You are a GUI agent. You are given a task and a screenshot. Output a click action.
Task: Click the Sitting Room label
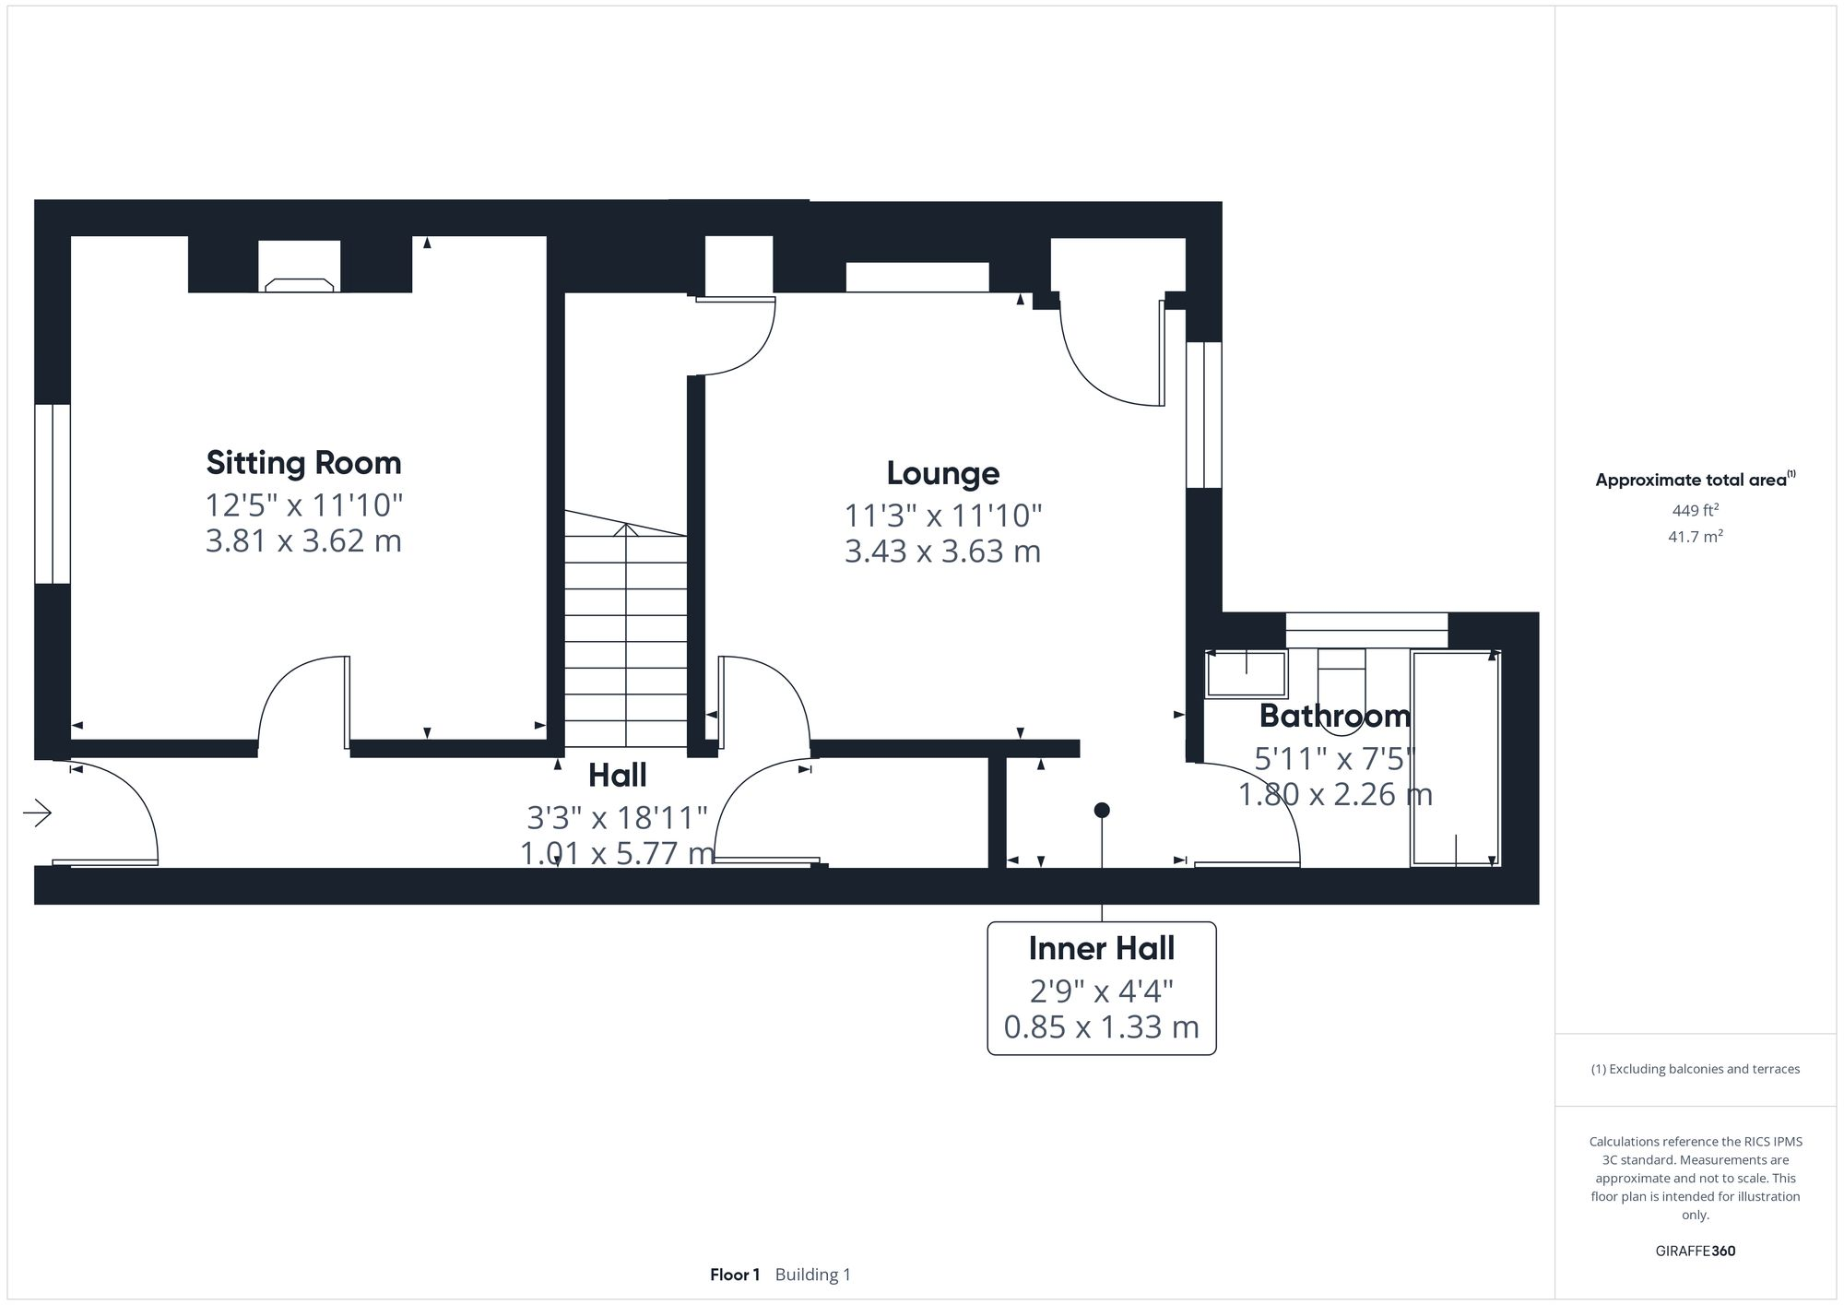point(303,462)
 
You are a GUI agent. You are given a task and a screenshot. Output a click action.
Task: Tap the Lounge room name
point(942,473)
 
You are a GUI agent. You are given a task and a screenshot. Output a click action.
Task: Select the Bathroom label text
point(1334,716)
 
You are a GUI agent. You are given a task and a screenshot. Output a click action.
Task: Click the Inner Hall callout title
point(1101,948)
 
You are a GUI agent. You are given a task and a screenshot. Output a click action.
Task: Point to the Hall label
point(617,776)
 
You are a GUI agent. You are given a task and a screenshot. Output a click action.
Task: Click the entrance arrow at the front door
point(38,813)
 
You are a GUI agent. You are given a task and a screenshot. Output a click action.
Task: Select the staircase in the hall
point(625,636)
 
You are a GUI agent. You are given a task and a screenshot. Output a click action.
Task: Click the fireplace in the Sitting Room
point(299,284)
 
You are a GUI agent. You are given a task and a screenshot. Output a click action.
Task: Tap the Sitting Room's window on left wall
point(53,493)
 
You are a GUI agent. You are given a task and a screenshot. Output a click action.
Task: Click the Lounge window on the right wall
point(1203,415)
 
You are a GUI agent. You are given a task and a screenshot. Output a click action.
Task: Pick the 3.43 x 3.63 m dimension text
point(942,552)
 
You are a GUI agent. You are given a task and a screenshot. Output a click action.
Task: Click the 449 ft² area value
point(1695,510)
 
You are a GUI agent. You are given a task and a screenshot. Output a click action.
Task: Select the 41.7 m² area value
point(1695,537)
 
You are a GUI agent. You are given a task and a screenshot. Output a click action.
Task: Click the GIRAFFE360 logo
point(1695,1252)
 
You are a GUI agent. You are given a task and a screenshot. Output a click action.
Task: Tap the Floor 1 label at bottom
point(734,1275)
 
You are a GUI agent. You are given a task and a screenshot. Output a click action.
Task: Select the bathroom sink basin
point(1246,673)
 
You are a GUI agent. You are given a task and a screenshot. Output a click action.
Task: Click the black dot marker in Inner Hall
point(1101,811)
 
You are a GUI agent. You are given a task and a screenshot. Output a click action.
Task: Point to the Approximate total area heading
point(1695,480)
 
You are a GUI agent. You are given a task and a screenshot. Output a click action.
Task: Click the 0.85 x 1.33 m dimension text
point(1101,1027)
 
